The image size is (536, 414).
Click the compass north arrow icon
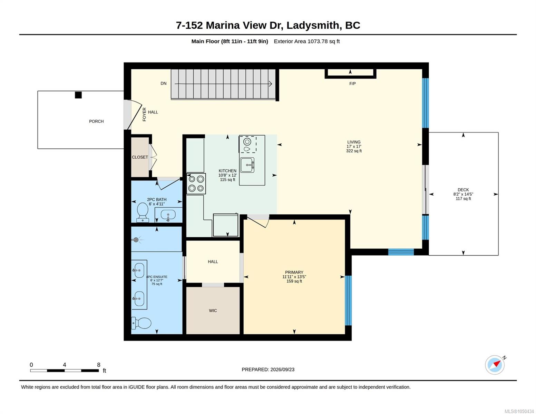pos(495,365)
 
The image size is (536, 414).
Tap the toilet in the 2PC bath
pos(142,212)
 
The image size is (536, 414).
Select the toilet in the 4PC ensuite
pos(141,323)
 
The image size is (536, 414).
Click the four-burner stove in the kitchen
pos(196,184)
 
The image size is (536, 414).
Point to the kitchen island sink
pos(247,165)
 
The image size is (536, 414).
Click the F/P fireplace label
pos(352,83)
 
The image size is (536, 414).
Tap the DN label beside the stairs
pos(164,83)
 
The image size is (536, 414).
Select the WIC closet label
pos(213,310)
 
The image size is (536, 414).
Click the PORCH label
pos(96,121)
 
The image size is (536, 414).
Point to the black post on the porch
pos(78,95)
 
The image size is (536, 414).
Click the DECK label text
pos(463,190)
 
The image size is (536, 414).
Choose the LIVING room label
pos(354,142)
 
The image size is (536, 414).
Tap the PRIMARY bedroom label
pos(294,272)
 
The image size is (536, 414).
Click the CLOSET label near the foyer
pos(140,157)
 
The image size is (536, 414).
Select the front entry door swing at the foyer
pos(135,115)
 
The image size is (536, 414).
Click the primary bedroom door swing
pos(258,222)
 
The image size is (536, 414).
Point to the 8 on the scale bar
pos(99,365)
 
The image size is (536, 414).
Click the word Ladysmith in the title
pos(313,25)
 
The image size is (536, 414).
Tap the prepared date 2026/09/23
pos(282,369)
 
